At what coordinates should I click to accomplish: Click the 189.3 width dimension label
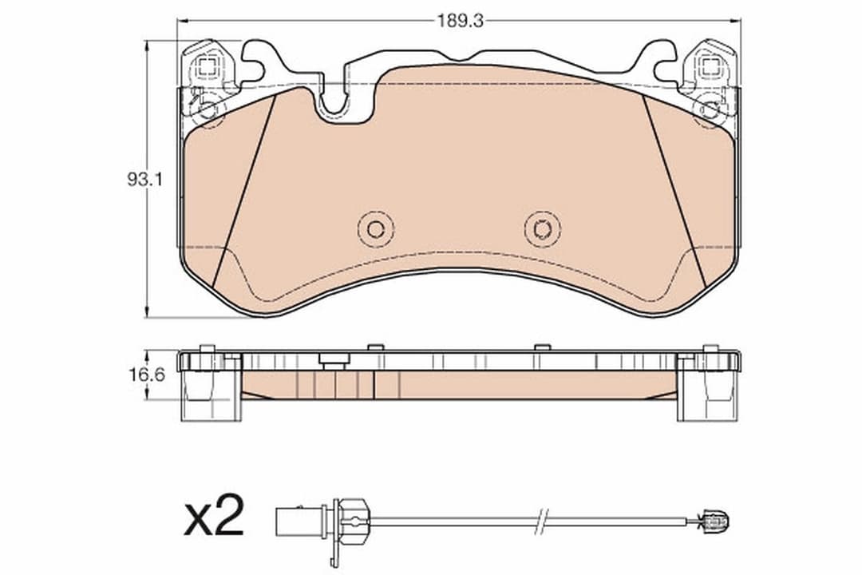tap(461, 22)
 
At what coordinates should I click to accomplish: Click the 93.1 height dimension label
tap(144, 180)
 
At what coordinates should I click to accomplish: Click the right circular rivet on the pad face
tap(543, 230)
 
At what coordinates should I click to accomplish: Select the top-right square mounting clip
tap(711, 67)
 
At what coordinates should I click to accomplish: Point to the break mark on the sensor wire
tap(543, 520)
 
